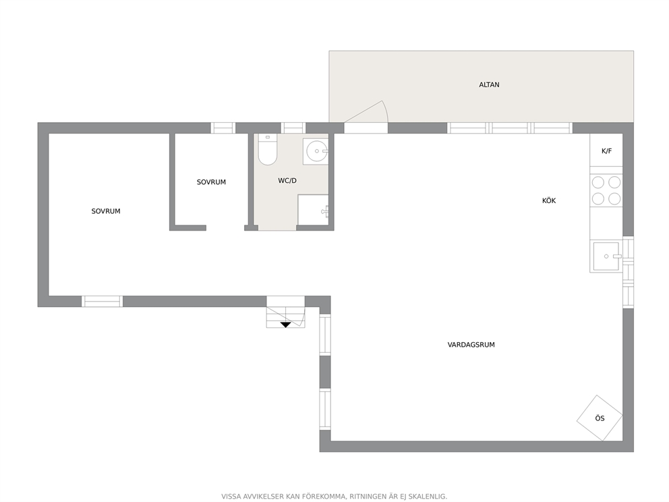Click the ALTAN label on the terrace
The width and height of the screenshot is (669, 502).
coord(489,84)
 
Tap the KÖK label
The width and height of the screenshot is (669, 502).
coord(549,200)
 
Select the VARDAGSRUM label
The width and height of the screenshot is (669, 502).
coord(471,345)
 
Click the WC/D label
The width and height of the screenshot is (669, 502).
coord(287,181)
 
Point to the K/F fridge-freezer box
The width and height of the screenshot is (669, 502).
coord(606,150)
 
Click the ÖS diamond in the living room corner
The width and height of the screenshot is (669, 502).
coord(600,418)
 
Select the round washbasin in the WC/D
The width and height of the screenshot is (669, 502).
coord(316,150)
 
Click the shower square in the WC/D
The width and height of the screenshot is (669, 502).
coord(313,210)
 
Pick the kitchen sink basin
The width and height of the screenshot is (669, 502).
coord(606,256)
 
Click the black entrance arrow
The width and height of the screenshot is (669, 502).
coord(285,325)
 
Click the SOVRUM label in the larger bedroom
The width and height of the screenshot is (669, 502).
coord(106,211)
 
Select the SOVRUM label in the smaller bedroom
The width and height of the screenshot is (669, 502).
coord(211,182)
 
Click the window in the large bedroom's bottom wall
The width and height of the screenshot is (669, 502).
coord(102,302)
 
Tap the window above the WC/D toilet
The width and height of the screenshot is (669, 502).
coord(293,128)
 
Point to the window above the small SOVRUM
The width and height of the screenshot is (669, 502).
coord(223,128)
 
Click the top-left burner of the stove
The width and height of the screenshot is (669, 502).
coord(598,183)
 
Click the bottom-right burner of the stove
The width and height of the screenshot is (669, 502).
coord(614,199)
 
